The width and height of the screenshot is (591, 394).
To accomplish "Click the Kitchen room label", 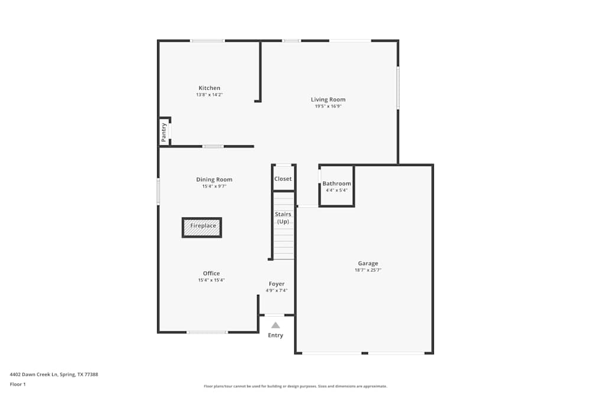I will coord(209,88).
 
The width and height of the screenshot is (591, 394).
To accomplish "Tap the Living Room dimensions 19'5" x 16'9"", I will coord(328,106).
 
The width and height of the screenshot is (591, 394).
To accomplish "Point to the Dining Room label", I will coord(214,180).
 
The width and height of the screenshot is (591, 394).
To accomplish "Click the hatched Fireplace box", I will coord(202,227).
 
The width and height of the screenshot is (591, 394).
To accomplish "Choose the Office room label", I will coord(211,273).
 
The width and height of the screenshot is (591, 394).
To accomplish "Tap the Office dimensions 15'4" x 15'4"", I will coord(211,281).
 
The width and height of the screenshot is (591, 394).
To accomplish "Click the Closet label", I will coord(283,179).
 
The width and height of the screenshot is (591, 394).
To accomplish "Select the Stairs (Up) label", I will coord(283,217).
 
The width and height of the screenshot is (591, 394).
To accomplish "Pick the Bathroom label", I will coord(336,184).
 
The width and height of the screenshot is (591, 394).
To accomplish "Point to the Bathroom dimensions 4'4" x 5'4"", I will coord(336,190).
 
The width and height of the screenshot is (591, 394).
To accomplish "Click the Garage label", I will coord(368,263).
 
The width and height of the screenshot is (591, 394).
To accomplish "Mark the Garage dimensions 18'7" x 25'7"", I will coord(368,271).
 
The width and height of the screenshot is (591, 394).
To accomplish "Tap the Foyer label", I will coord(277,284).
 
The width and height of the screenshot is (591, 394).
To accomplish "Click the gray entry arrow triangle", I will coord(275,325).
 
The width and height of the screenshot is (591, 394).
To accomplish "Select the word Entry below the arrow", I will coord(275,336).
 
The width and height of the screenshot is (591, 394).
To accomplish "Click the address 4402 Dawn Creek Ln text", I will coord(54,374).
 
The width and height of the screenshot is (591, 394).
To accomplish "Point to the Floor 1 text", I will coord(18,384).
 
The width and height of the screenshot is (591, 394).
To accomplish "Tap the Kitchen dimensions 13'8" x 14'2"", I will coord(209,95).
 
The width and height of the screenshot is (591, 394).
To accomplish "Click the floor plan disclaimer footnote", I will coord(295,386).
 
